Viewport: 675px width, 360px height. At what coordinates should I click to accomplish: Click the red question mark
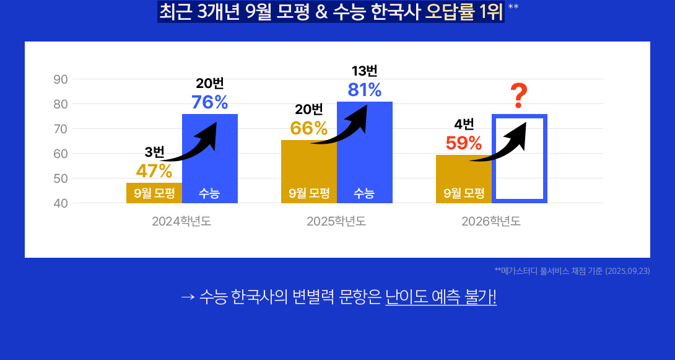519,95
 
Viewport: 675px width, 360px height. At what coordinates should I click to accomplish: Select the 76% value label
209,102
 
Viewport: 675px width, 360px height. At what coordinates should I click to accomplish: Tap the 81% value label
364,90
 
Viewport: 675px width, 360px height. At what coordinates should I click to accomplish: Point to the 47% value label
154,170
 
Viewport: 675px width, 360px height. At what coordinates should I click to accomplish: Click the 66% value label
308,128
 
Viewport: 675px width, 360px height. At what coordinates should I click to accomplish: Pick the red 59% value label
463,143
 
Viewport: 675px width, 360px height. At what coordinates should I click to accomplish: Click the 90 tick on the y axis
61,79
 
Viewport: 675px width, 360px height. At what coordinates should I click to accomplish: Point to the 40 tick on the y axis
61,203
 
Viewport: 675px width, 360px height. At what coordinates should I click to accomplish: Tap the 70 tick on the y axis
61,129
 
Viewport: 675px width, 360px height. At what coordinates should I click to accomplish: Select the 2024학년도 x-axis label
181,221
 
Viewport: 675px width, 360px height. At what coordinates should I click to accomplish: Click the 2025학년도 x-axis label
336,221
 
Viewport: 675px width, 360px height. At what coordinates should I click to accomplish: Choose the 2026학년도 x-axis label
491,221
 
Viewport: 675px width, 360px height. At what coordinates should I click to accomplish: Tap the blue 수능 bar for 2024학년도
209,167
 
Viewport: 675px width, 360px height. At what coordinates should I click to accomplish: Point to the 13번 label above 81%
364,71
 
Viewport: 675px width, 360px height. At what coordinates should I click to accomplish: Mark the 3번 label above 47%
154,152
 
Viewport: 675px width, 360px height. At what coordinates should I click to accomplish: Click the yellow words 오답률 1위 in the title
463,12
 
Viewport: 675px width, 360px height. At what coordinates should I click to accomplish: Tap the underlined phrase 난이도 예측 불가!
440,297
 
